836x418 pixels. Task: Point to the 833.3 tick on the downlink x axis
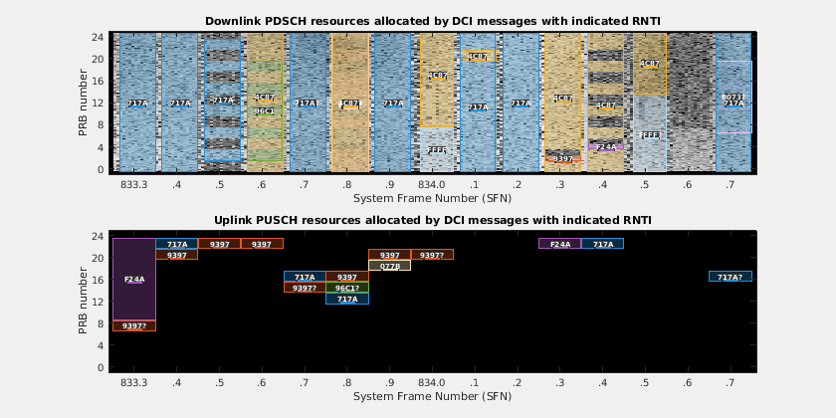click(134, 185)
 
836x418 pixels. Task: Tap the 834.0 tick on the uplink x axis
click(432, 383)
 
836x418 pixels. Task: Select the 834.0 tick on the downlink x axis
click(432, 185)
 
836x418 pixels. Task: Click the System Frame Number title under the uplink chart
click(432, 397)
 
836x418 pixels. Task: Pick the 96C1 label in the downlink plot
click(265, 111)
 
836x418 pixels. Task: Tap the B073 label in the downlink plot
click(732, 97)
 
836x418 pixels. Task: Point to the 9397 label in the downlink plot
click(563, 158)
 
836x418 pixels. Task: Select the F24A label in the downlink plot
click(605, 146)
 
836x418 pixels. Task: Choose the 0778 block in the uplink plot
click(390, 266)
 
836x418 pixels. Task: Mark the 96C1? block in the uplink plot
click(347, 288)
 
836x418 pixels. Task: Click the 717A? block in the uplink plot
click(730, 277)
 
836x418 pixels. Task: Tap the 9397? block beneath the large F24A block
click(134, 325)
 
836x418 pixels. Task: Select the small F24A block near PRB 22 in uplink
click(560, 244)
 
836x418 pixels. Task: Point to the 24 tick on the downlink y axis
click(99, 38)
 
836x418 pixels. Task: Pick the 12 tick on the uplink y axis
click(99, 302)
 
